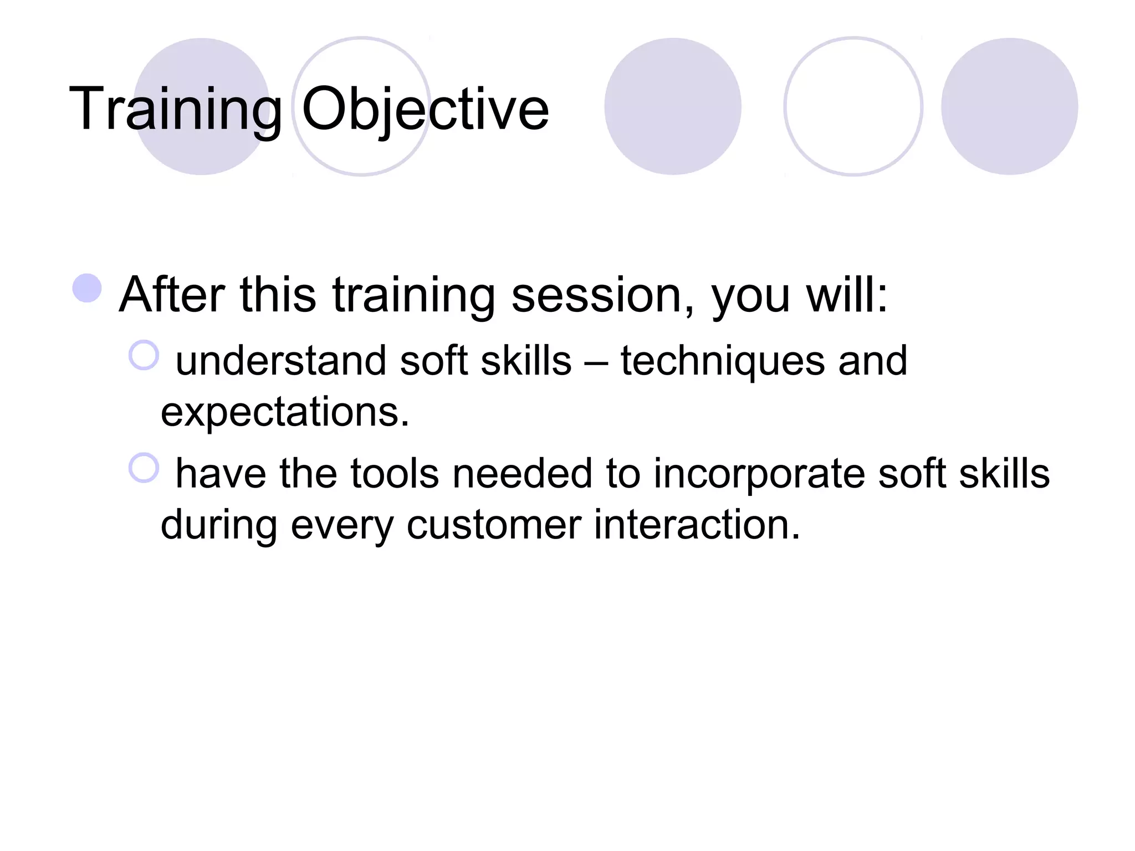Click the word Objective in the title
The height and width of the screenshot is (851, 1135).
coord(425,109)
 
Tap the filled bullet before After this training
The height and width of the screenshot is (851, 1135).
coord(88,289)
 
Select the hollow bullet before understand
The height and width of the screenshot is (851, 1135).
coord(144,355)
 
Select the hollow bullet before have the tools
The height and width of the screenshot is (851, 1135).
coord(144,468)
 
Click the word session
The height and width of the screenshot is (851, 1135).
coord(602,295)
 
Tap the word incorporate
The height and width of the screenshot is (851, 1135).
coord(759,474)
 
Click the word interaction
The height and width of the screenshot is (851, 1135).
coord(697,525)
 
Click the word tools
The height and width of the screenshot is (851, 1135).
coord(395,474)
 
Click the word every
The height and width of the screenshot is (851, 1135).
coord(342,525)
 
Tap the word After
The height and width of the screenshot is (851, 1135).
coord(172,295)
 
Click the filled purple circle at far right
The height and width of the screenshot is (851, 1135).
coord(1009,106)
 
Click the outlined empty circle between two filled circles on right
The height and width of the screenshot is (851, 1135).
coord(853,106)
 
